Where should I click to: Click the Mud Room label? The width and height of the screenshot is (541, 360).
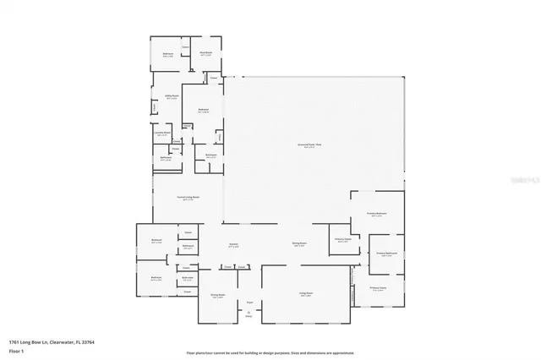205,54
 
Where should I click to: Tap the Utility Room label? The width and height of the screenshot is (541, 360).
171,96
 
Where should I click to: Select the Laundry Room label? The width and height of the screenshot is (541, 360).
165,133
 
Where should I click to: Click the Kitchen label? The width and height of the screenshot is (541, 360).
232,245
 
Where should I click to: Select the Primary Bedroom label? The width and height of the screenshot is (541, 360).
377,214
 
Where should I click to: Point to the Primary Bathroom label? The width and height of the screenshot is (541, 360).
386,253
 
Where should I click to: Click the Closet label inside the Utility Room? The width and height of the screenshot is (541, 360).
155,106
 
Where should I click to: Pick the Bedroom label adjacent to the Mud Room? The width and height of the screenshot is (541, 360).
168,54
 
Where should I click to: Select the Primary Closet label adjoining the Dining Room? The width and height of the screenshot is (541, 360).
342,240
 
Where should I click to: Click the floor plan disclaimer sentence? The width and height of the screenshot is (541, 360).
270,352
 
